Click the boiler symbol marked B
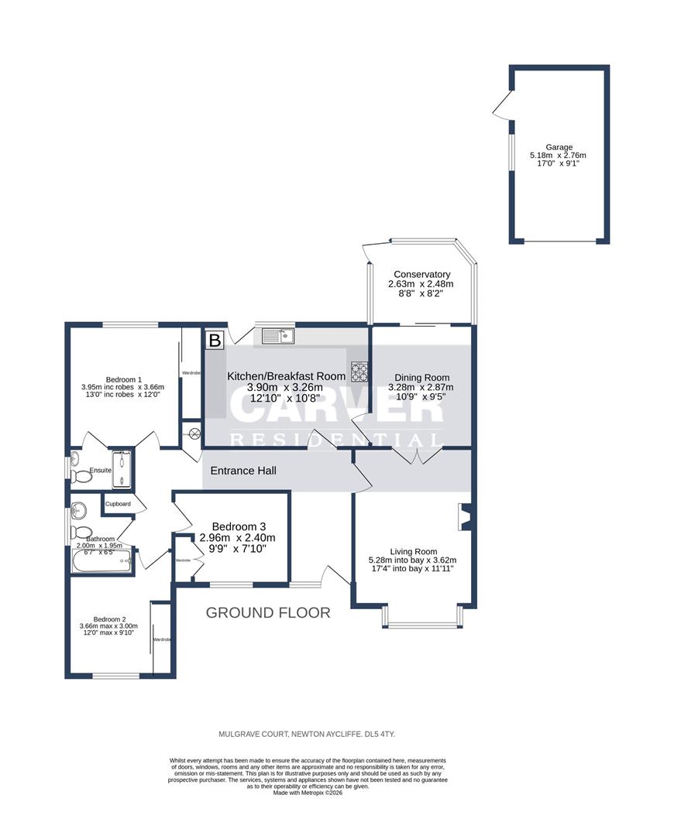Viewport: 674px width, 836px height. click(215, 340)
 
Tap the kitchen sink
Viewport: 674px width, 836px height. click(277, 335)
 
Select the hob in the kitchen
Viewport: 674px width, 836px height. click(360, 372)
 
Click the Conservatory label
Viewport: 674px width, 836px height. click(421, 275)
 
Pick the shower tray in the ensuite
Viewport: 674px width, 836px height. click(122, 468)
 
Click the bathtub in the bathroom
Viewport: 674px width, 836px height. click(101, 561)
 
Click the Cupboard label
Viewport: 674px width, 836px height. click(119, 504)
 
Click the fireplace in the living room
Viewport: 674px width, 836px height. click(465, 517)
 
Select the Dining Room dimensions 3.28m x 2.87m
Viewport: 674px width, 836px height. click(421, 388)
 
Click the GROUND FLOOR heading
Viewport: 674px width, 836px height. click(268, 613)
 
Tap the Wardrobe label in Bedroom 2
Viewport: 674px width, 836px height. click(162, 639)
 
